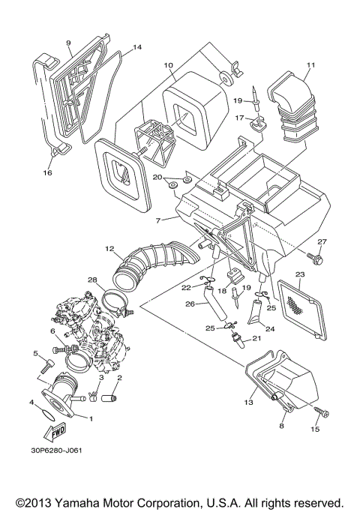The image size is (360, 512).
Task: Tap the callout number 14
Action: click(x=136, y=47)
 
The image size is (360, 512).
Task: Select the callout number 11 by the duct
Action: click(x=310, y=67)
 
